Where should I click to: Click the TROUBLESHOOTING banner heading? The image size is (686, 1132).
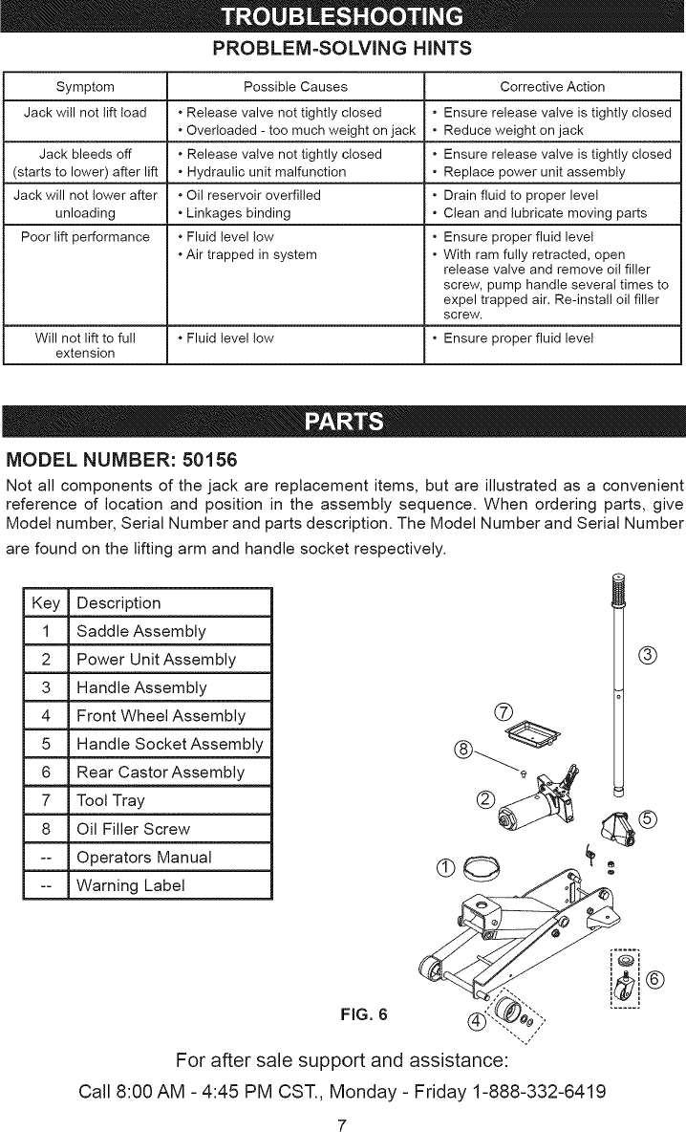click(x=342, y=18)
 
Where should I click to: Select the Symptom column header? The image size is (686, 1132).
click(x=85, y=87)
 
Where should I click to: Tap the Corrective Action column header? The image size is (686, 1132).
click(x=552, y=87)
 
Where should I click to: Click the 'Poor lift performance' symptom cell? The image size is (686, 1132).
click(x=86, y=236)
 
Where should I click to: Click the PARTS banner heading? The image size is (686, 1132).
click(x=342, y=423)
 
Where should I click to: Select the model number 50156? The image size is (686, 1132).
click(x=204, y=457)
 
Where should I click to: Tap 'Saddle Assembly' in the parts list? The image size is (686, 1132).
click(x=140, y=631)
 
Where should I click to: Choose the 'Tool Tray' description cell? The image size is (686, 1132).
click(x=111, y=800)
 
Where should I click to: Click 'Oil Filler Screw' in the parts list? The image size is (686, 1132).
click(x=133, y=828)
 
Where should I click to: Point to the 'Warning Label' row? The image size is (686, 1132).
click(x=131, y=884)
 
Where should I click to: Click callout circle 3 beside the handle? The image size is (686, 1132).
click(x=649, y=655)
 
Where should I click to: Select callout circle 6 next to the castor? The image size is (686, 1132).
click(x=654, y=978)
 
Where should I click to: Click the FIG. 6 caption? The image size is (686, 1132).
click(x=367, y=1012)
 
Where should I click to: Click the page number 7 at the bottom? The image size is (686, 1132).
click(x=342, y=1122)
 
